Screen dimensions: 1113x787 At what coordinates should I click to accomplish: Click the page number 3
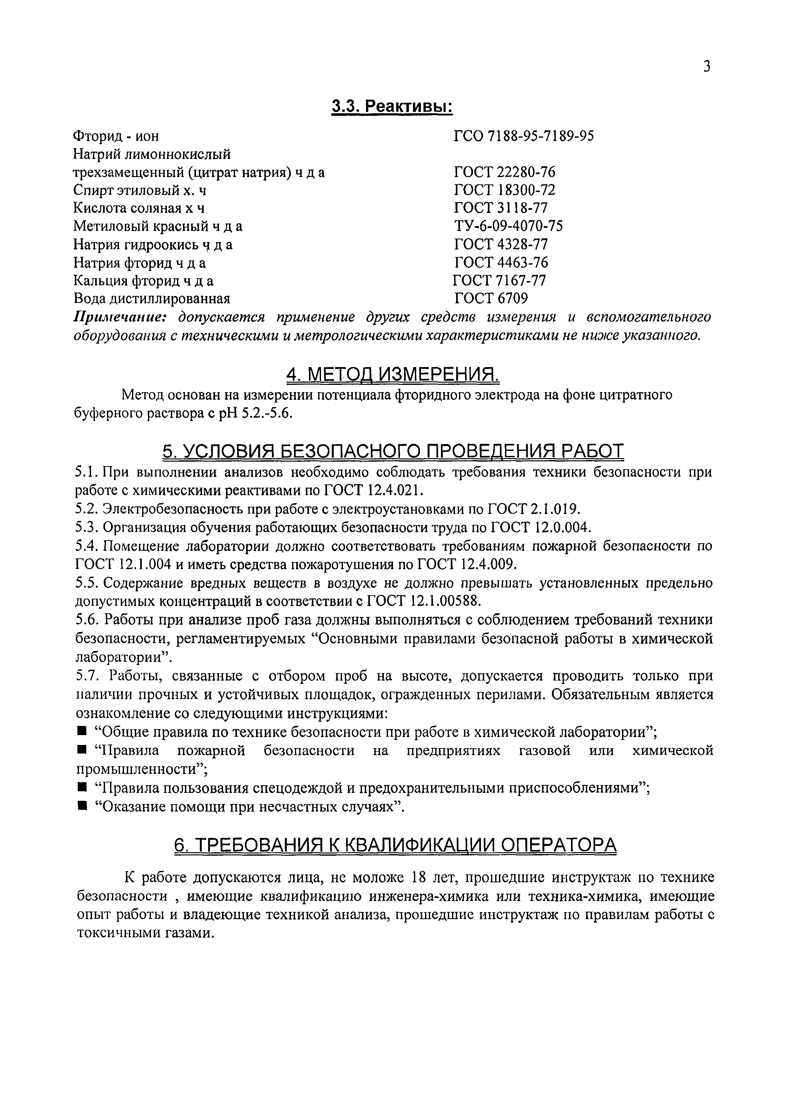point(706,66)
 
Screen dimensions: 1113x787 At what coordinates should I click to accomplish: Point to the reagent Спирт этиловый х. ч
point(140,190)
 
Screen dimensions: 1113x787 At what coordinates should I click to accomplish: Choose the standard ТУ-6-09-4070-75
point(508,226)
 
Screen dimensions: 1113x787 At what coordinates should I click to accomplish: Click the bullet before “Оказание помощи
point(82,806)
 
